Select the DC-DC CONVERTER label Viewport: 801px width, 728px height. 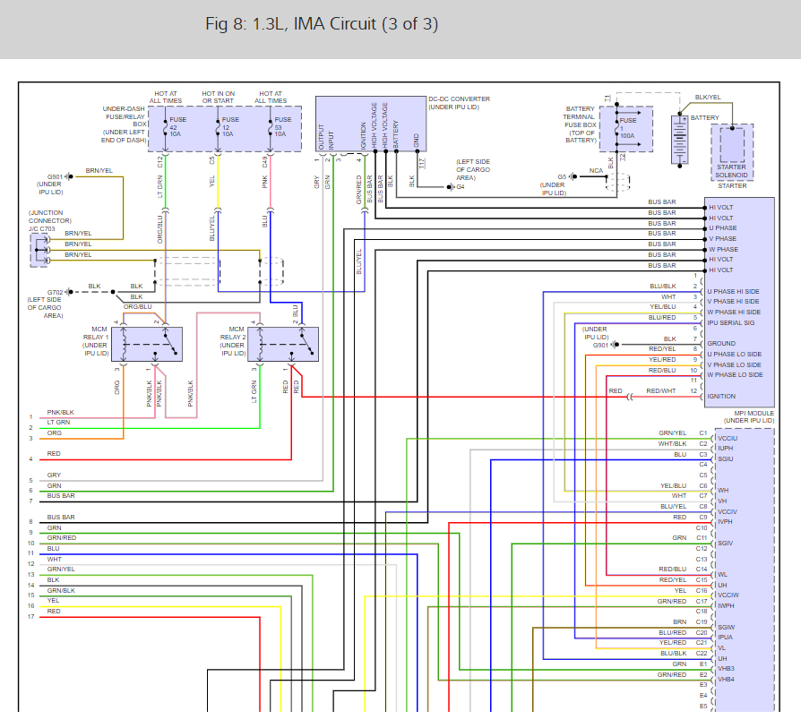459,99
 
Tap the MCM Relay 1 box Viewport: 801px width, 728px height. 147,345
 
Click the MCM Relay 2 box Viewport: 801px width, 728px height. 283,345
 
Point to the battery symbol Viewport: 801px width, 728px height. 680,139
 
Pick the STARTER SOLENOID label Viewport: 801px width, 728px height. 731,171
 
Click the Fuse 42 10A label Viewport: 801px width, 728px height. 177,126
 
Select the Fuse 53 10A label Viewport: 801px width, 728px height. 282,126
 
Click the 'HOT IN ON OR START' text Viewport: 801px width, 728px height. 218,97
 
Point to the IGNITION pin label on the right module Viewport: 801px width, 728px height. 721,396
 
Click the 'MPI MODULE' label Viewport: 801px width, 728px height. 754,413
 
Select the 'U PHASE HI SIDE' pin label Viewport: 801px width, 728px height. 733,292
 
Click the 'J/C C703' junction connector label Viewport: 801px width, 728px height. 41,228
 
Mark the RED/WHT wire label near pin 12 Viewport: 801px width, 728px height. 661,391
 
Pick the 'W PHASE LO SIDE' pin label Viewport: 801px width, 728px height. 735,374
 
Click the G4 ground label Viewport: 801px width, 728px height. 461,187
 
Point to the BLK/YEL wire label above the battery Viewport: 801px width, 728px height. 708,97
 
